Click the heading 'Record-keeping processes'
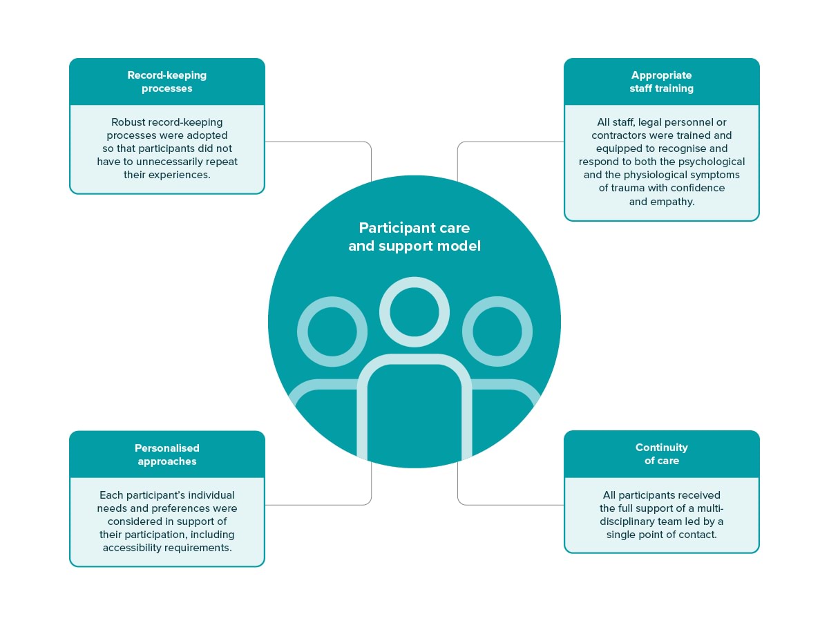[167, 82]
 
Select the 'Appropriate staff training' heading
[661, 82]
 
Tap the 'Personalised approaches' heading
[167, 454]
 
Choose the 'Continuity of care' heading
[661, 454]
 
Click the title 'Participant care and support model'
[414, 237]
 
